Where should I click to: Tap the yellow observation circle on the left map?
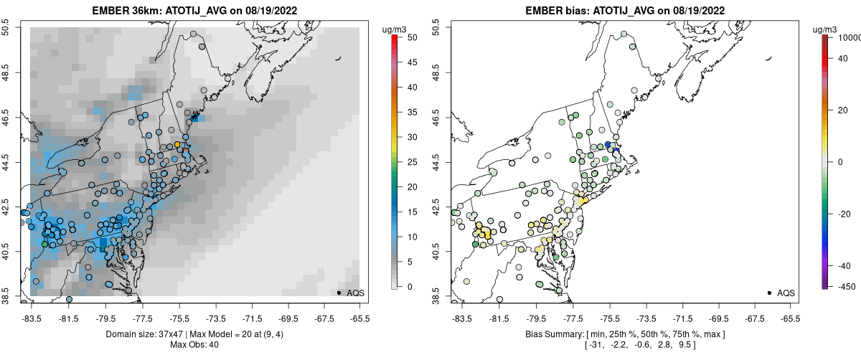click(x=177, y=145)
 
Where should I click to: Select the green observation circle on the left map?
click(x=45, y=245)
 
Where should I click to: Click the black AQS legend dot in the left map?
click(x=338, y=293)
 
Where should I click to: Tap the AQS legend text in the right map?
click(x=786, y=293)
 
